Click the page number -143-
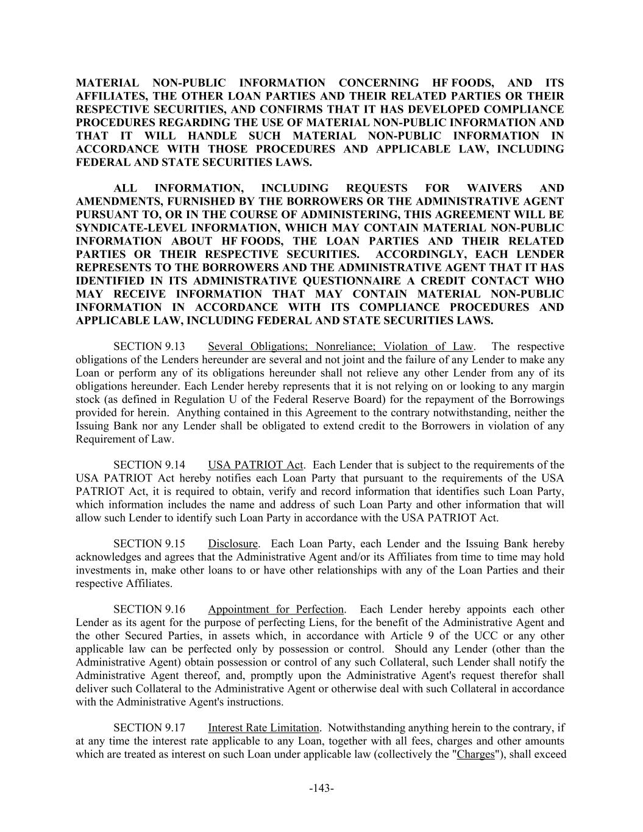tap(321, 789)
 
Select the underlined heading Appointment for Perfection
tap(276, 610)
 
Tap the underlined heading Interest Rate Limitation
tap(263, 728)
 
